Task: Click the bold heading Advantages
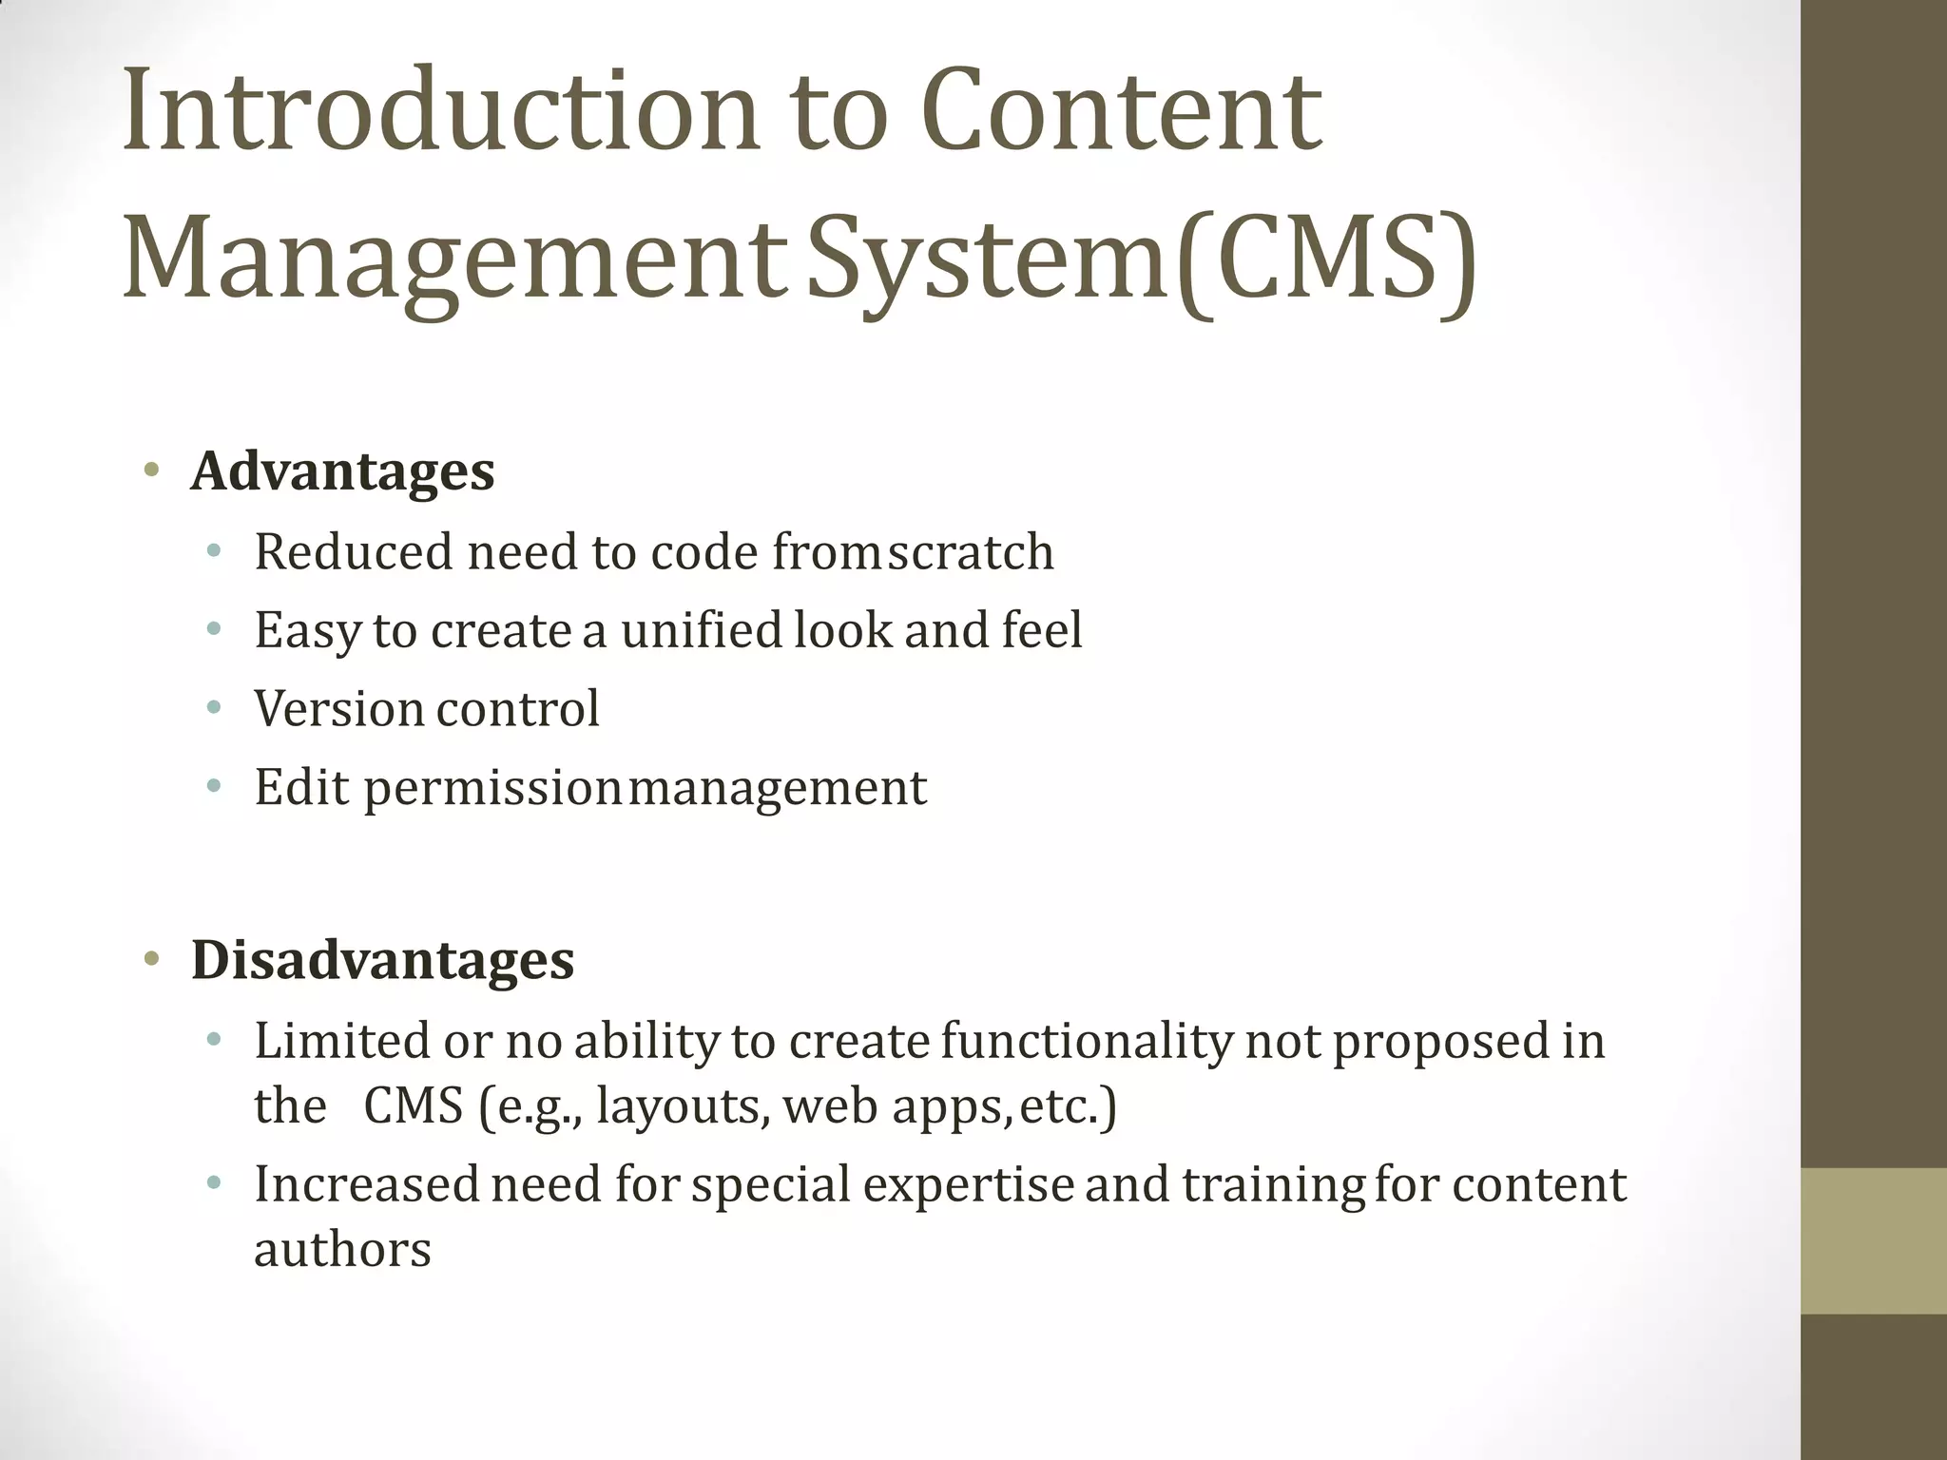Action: pos(342,471)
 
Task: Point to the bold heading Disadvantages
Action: pos(382,959)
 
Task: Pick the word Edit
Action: pos(301,787)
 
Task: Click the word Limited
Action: pos(342,1041)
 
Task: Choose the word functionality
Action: pos(1087,1041)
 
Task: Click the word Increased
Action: pos(366,1184)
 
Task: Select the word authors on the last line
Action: pos(342,1250)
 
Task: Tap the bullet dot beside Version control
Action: pos(214,707)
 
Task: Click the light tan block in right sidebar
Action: pos(1873,1240)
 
